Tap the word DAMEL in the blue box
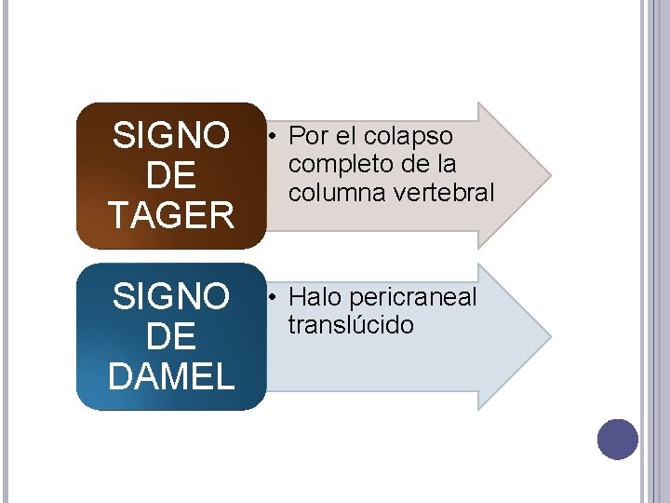point(171,376)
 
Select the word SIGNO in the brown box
point(171,137)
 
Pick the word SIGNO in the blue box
point(171,298)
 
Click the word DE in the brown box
point(171,176)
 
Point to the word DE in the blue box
point(171,337)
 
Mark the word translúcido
point(351,326)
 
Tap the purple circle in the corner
point(617,439)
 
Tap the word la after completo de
point(445,166)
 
